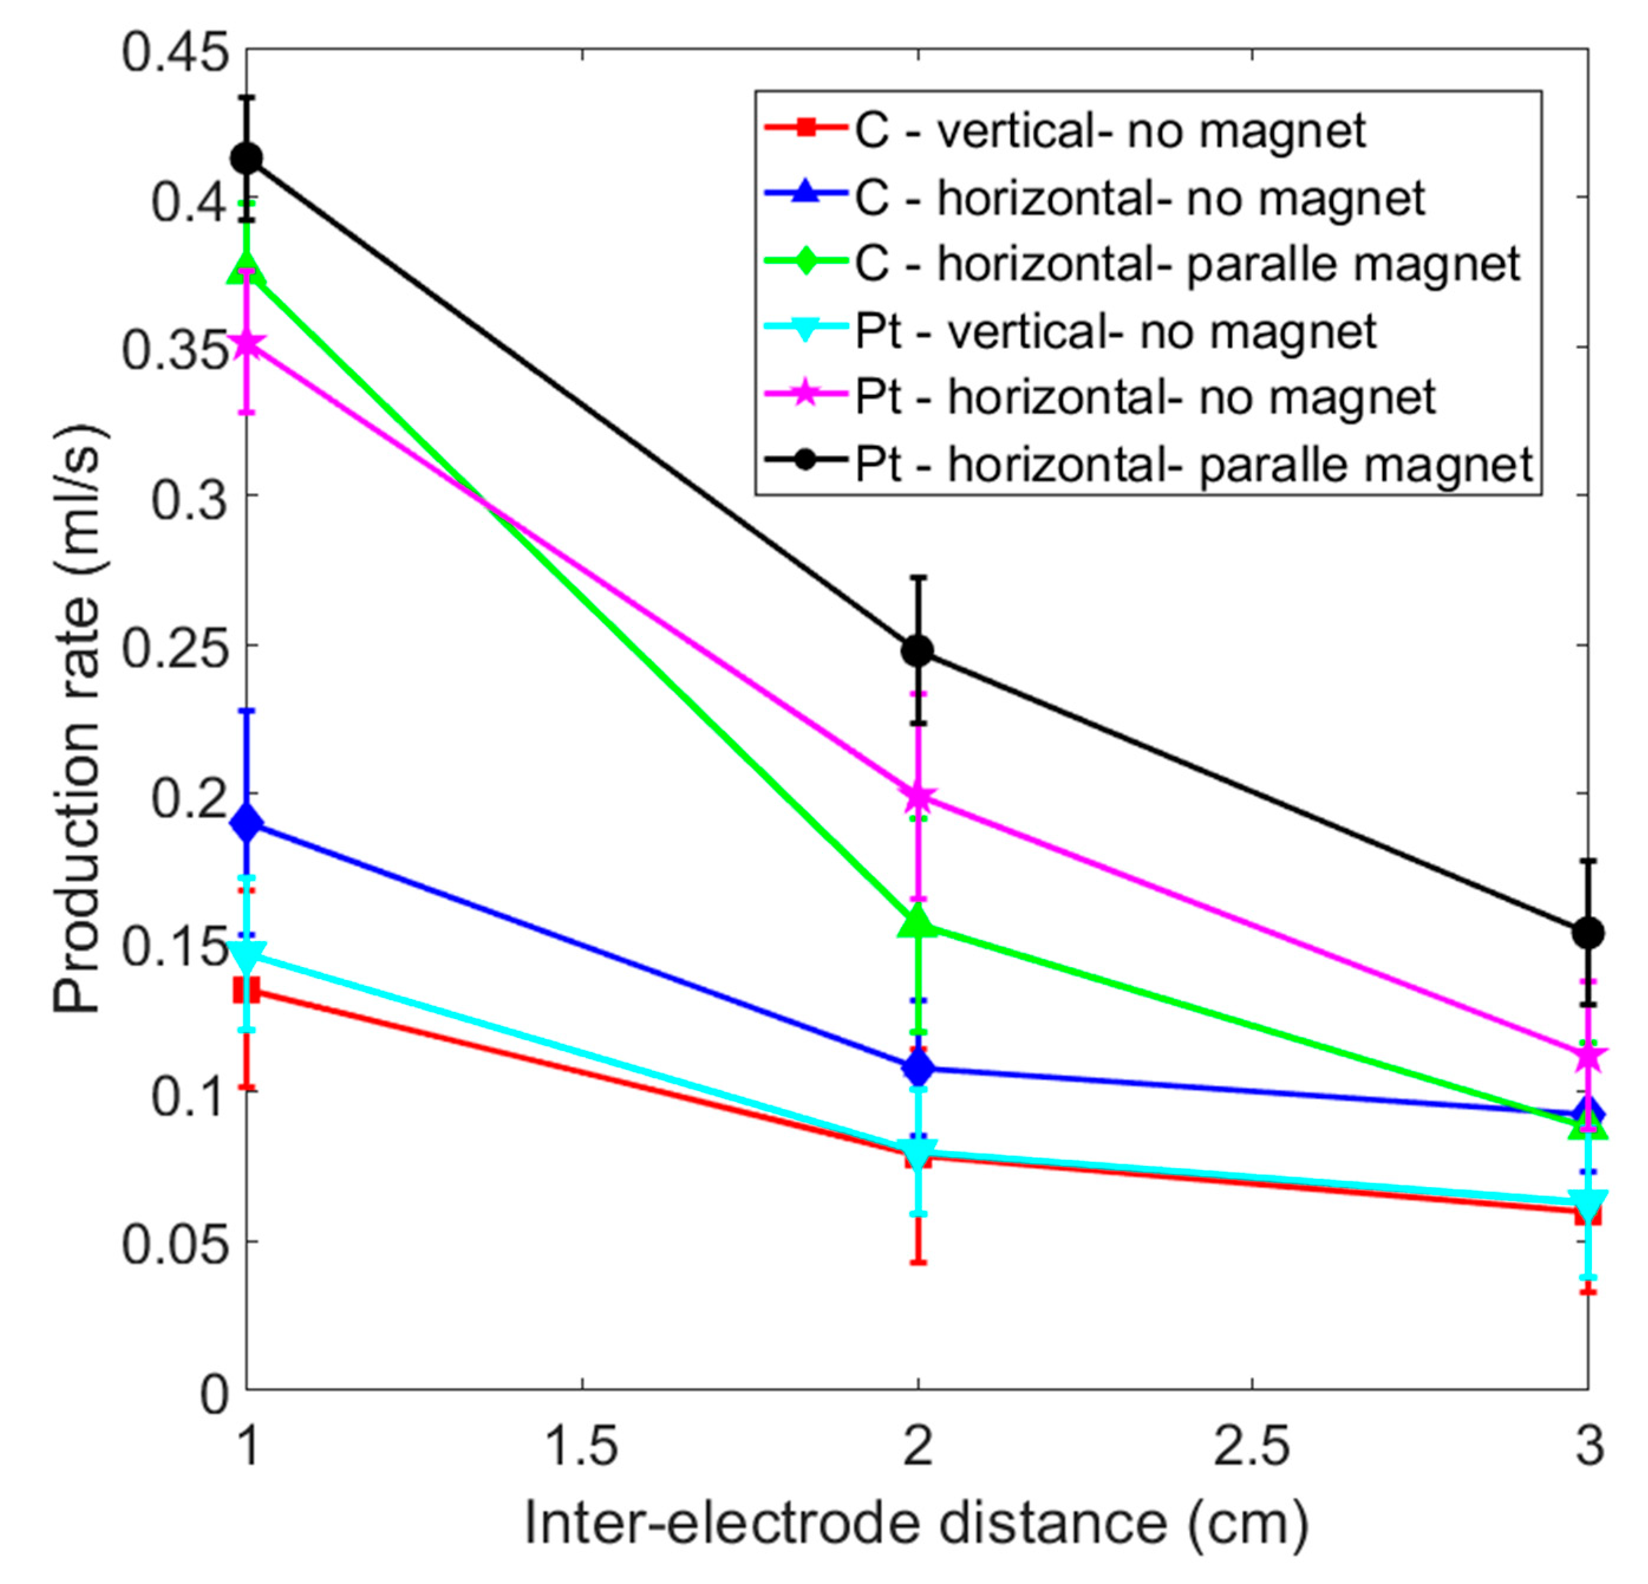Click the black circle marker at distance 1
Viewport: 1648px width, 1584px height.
[246, 158]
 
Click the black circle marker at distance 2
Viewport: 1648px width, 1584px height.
[918, 650]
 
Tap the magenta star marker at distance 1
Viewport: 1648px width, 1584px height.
[246, 344]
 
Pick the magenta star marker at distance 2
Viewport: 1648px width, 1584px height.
[918, 796]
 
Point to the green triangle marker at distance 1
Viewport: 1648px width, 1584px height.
[246, 269]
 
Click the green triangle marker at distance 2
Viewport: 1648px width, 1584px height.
[918, 922]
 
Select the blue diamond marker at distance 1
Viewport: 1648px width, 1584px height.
[246, 824]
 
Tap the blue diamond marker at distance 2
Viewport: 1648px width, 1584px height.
[918, 1069]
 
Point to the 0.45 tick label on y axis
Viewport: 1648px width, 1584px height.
[175, 52]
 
